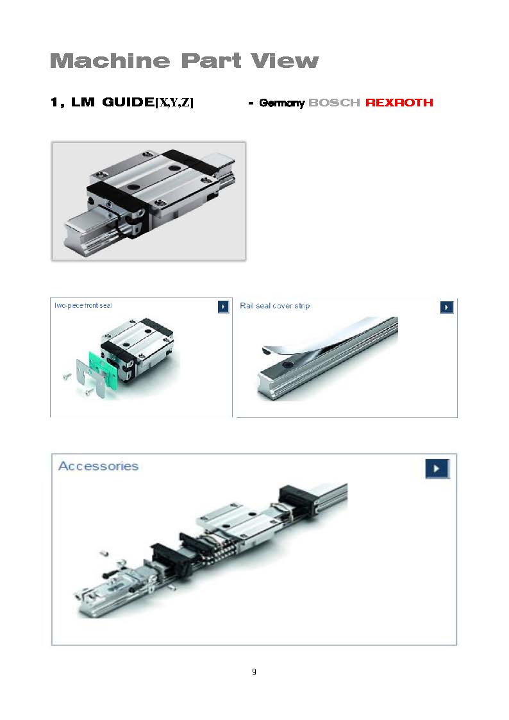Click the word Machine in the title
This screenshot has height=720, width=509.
110,61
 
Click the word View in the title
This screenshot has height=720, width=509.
285,61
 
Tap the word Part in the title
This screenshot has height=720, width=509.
211,61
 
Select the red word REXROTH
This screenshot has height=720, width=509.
399,103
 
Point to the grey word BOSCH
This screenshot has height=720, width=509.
334,103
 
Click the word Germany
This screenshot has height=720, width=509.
282,103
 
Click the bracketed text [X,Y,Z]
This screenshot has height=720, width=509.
174,102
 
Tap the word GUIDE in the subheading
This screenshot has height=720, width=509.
128,101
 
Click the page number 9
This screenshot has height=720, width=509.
254,672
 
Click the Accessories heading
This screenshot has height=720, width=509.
98,466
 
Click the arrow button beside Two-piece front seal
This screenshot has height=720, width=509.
223,306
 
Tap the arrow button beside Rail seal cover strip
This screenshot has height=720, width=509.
447,306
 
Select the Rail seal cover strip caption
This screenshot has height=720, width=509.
274,306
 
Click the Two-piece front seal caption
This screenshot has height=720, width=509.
83,305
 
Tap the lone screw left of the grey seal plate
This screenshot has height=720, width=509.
67,376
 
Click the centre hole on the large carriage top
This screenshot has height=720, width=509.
133,187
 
